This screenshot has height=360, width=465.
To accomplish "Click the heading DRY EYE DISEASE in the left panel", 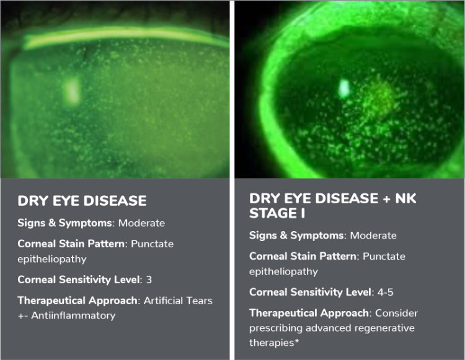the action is pyautogui.click(x=82, y=201).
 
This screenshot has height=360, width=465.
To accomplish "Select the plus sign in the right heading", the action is pyautogui.click(x=386, y=199).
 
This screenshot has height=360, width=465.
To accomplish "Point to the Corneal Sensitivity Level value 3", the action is pyautogui.click(x=149, y=279).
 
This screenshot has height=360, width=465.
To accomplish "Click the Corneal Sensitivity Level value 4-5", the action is pyautogui.click(x=385, y=292).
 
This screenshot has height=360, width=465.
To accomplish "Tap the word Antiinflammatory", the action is pyautogui.click(x=73, y=315).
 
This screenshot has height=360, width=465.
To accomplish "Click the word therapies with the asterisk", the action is pyautogui.click(x=273, y=343).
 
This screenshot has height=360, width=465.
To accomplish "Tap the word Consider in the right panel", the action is pyautogui.click(x=397, y=313).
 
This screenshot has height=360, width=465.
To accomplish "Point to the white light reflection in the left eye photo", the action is pyautogui.click(x=73, y=91).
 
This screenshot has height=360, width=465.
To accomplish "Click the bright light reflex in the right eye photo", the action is pyautogui.click(x=344, y=88).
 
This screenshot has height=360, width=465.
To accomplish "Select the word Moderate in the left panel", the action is pyautogui.click(x=141, y=223).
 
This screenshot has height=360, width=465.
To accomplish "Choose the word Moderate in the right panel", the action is pyautogui.click(x=373, y=235).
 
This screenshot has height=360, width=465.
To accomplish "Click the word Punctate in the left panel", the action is pyautogui.click(x=152, y=244).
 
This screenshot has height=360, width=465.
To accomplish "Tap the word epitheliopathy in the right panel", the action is pyautogui.click(x=283, y=271).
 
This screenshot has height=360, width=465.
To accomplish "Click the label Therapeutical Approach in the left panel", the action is pyautogui.click(x=77, y=301).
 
